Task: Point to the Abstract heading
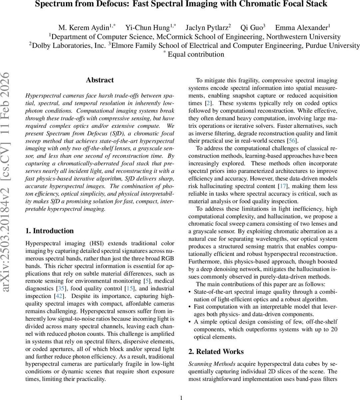point(100,80)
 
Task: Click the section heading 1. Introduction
point(50,231)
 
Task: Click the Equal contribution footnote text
point(196,54)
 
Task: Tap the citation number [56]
point(292,141)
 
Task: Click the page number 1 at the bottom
point(181,397)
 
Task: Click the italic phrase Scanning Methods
point(212,364)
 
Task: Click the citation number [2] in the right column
point(208,103)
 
